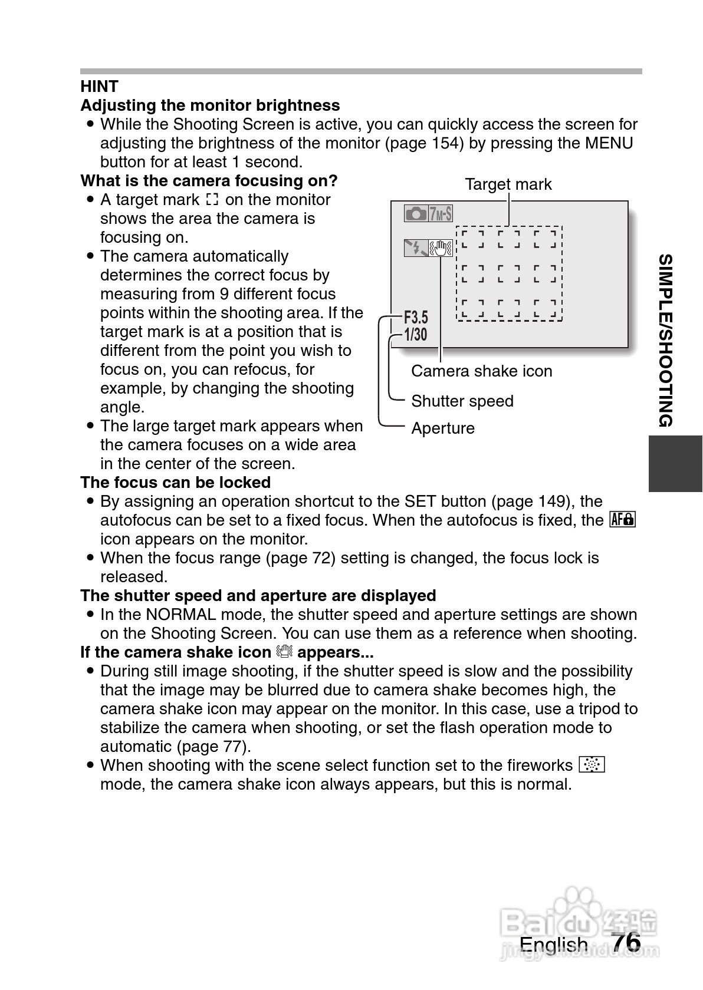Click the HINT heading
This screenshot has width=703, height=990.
[x=99, y=87]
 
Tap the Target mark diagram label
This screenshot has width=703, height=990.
[x=508, y=184]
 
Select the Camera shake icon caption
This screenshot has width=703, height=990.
[x=481, y=371]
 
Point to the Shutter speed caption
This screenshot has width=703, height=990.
[x=462, y=401]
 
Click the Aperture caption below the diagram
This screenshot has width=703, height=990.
[x=442, y=428]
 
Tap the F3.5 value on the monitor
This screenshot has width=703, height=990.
[x=416, y=318]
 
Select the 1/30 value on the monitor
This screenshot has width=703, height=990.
[x=415, y=335]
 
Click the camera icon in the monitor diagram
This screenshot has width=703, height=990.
[x=416, y=213]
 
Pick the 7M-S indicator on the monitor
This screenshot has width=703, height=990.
[x=441, y=213]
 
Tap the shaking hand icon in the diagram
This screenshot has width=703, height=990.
[x=441, y=248]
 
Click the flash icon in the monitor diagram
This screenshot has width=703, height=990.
[x=416, y=248]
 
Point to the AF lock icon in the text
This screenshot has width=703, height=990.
[x=623, y=520]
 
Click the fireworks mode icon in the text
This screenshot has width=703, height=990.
[x=592, y=765]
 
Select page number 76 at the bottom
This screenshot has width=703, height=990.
[x=626, y=942]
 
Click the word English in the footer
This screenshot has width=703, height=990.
[x=553, y=945]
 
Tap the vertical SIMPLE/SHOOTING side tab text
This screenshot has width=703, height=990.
[x=666, y=340]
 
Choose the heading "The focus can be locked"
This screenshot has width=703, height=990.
[x=175, y=483]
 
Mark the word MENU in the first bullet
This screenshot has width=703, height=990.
[x=609, y=143]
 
